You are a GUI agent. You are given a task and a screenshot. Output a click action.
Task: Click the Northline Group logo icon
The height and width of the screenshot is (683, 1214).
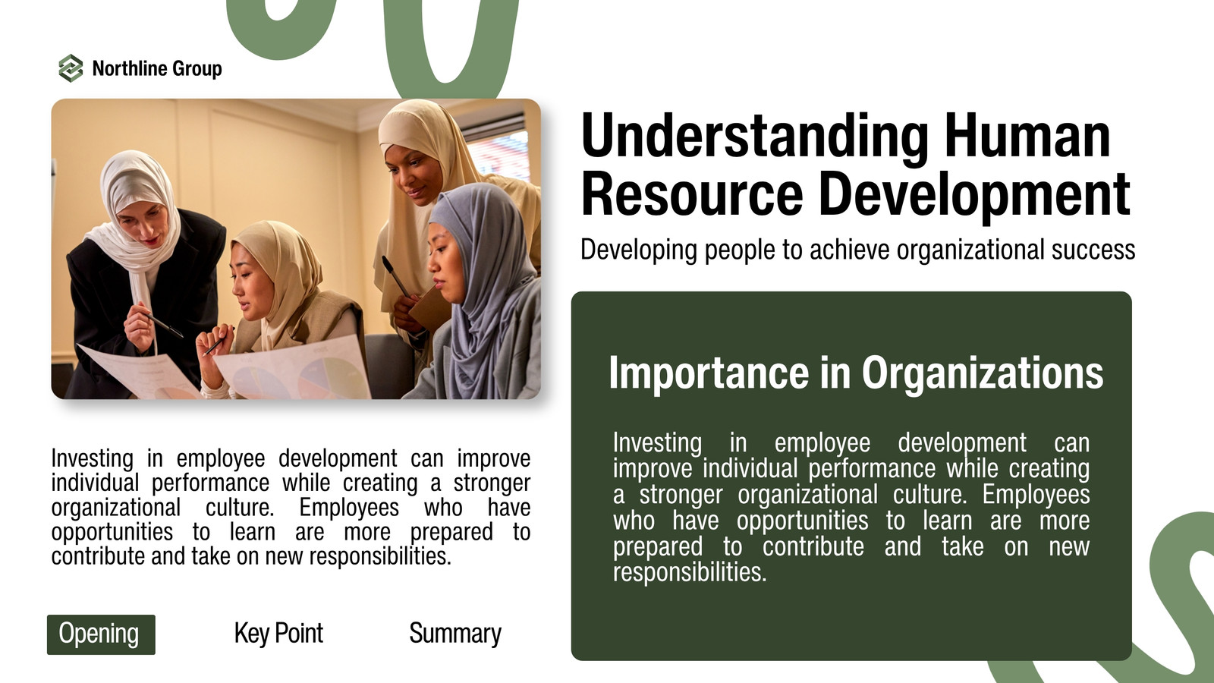pyautogui.click(x=71, y=68)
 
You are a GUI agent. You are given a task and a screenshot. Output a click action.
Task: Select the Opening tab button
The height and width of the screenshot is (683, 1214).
pyautogui.click(x=101, y=634)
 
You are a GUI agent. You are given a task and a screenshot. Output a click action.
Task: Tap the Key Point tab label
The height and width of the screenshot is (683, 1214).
pyautogui.click(x=278, y=633)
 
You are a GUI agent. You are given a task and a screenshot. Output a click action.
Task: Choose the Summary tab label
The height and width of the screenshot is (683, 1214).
pyautogui.click(x=455, y=633)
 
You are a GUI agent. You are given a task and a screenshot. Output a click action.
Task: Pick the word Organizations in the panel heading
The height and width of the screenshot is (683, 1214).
pyautogui.click(x=982, y=374)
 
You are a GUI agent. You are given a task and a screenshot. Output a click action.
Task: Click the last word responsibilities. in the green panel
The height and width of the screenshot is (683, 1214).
pyautogui.click(x=690, y=572)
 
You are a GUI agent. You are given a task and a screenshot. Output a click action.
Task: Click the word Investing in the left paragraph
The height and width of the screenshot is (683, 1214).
pyautogui.click(x=92, y=458)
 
